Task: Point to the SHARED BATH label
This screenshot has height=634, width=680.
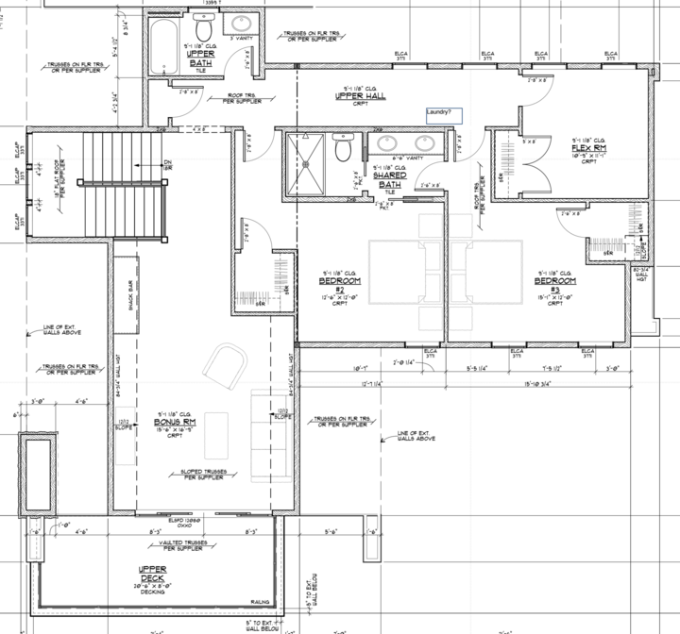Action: point(389,179)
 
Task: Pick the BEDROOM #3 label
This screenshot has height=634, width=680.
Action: point(554,282)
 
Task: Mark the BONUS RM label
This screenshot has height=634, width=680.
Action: point(174,423)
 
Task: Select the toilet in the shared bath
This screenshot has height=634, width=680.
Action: point(344,146)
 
